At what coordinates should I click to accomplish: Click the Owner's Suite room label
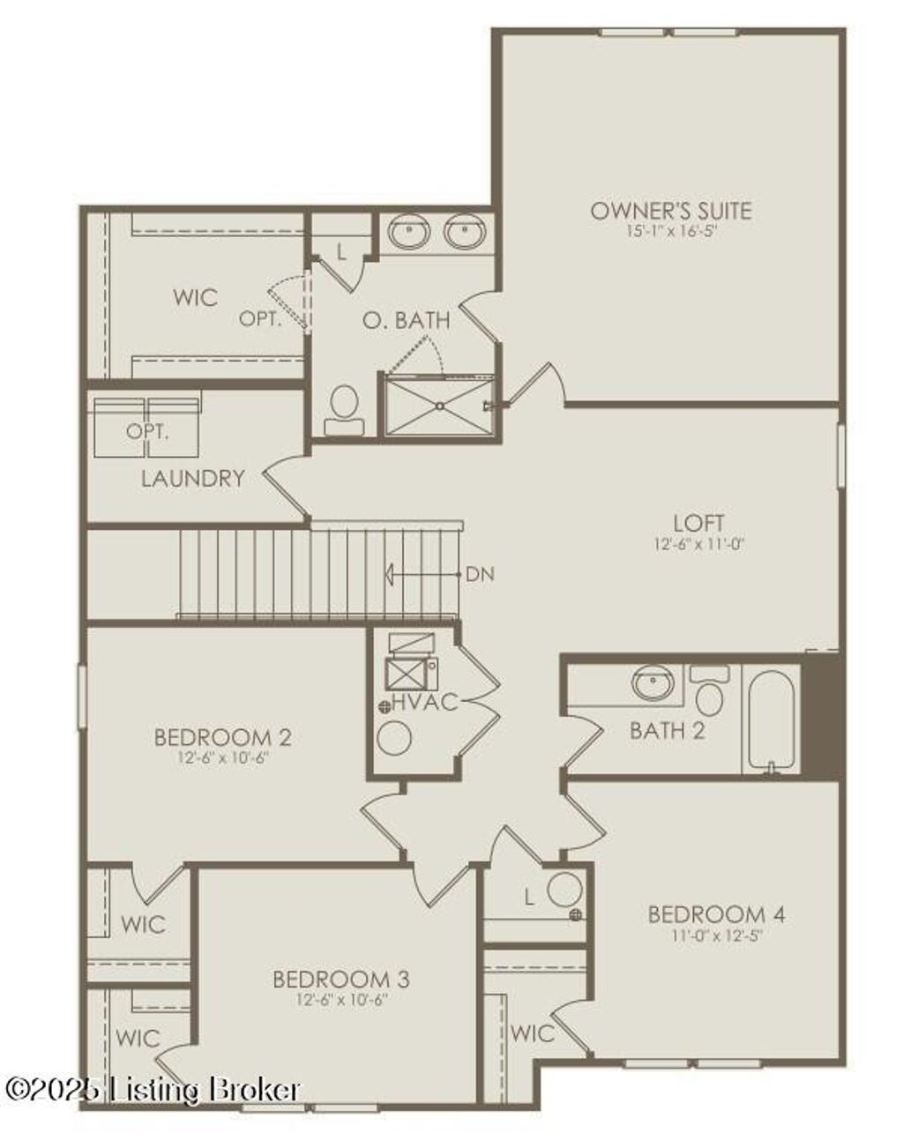[x=670, y=211]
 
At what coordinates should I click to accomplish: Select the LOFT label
[x=699, y=523]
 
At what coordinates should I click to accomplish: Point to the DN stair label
[x=480, y=575]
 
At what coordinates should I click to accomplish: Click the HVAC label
[x=425, y=703]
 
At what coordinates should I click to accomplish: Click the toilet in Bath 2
[x=709, y=693]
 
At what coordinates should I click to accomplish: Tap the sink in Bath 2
[x=653, y=682]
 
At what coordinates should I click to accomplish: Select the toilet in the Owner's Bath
[x=343, y=412]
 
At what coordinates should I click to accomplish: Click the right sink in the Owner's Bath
[x=464, y=233]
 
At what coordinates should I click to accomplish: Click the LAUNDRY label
[x=192, y=479]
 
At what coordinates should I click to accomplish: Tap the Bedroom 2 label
[x=222, y=736]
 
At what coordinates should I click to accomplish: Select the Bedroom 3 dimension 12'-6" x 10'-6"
[x=341, y=1000]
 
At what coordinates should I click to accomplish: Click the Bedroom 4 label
[x=716, y=914]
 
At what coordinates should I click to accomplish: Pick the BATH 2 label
[x=667, y=730]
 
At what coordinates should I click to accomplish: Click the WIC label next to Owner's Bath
[x=195, y=297]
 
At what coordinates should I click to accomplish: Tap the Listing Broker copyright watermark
[x=152, y=1090]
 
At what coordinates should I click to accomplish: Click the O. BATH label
[x=406, y=320]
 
